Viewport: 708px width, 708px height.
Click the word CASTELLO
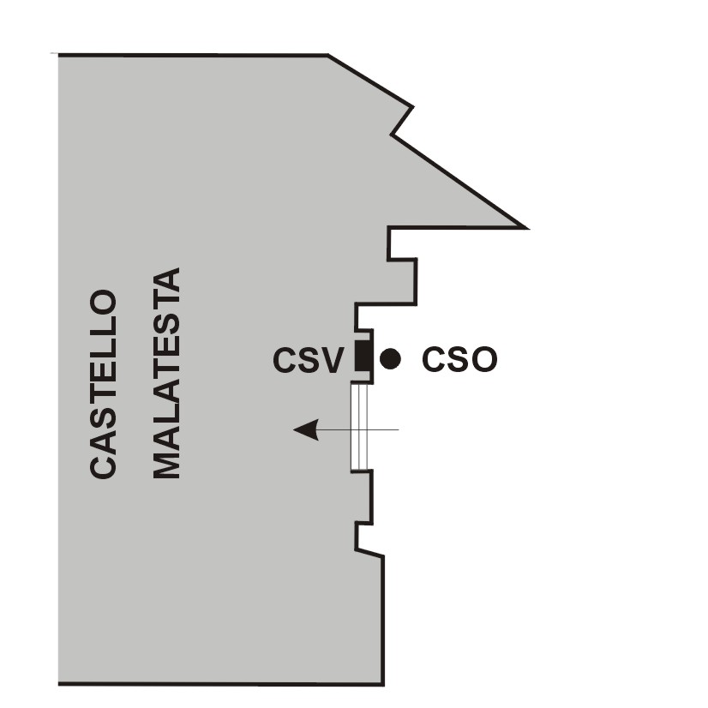coord(103,384)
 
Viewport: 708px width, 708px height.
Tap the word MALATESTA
coord(166,374)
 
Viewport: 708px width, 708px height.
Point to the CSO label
coord(459,360)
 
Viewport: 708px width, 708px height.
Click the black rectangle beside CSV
coord(363,355)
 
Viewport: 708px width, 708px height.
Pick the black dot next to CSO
coord(390,359)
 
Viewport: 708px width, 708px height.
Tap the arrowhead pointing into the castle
coord(306,429)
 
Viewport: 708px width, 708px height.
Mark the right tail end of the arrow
coord(398,429)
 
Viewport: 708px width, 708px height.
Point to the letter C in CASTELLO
coord(103,465)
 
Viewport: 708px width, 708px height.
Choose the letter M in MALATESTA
coord(166,461)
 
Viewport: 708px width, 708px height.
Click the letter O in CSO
coord(483,360)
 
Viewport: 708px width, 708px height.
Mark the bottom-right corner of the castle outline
coord(382,684)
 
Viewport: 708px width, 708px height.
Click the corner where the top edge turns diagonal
coord(328,56)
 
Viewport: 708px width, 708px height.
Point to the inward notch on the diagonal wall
coord(393,135)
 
